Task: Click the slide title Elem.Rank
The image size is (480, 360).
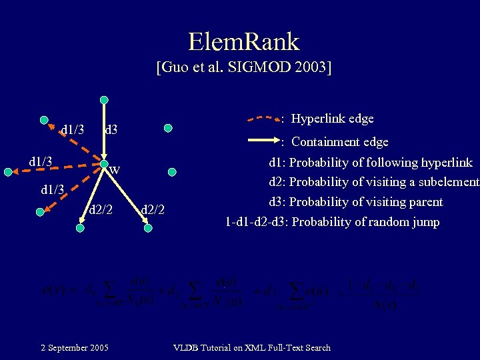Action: point(243,41)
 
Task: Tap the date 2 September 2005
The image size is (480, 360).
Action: point(75,347)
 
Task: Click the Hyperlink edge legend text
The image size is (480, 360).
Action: point(333,119)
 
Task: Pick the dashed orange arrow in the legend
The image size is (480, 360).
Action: point(263,119)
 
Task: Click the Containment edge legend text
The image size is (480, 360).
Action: point(339,141)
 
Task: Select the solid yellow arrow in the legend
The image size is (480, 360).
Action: point(263,141)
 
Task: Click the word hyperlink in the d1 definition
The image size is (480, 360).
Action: point(442,162)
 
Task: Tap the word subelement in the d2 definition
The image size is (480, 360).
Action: point(446,182)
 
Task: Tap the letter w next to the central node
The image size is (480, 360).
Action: point(115,169)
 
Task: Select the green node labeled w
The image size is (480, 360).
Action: point(103,164)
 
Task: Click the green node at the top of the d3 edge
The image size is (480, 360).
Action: point(103,100)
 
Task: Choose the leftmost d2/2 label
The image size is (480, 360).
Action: point(101,211)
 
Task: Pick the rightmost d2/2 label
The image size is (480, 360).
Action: point(153,211)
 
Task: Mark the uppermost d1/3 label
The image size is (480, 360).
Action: point(72,129)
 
